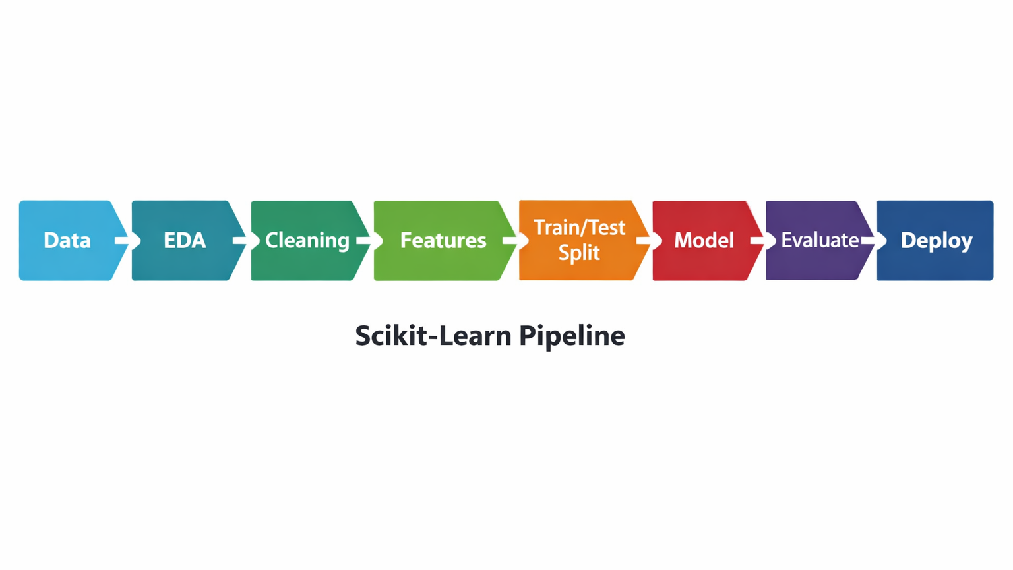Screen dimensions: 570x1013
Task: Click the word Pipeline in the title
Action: coord(572,336)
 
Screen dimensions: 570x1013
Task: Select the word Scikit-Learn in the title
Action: coord(433,336)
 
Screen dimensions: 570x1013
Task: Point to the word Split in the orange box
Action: coord(579,253)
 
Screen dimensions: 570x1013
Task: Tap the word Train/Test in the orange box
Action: coord(579,228)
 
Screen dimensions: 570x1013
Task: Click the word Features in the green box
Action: coord(443,240)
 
